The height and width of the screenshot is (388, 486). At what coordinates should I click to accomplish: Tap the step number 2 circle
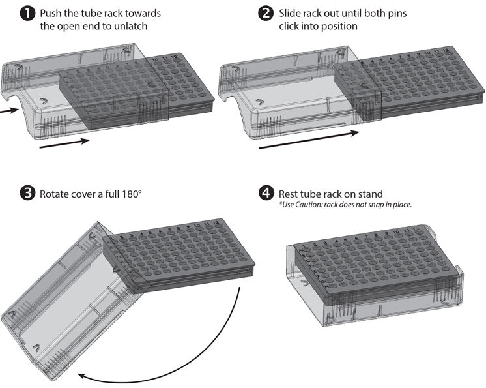click(x=266, y=14)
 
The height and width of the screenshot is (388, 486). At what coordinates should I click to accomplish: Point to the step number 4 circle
click(x=266, y=194)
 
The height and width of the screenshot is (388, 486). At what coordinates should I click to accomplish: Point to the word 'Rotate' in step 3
click(x=55, y=194)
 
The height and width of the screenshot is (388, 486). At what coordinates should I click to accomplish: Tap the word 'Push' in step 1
click(x=51, y=14)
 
